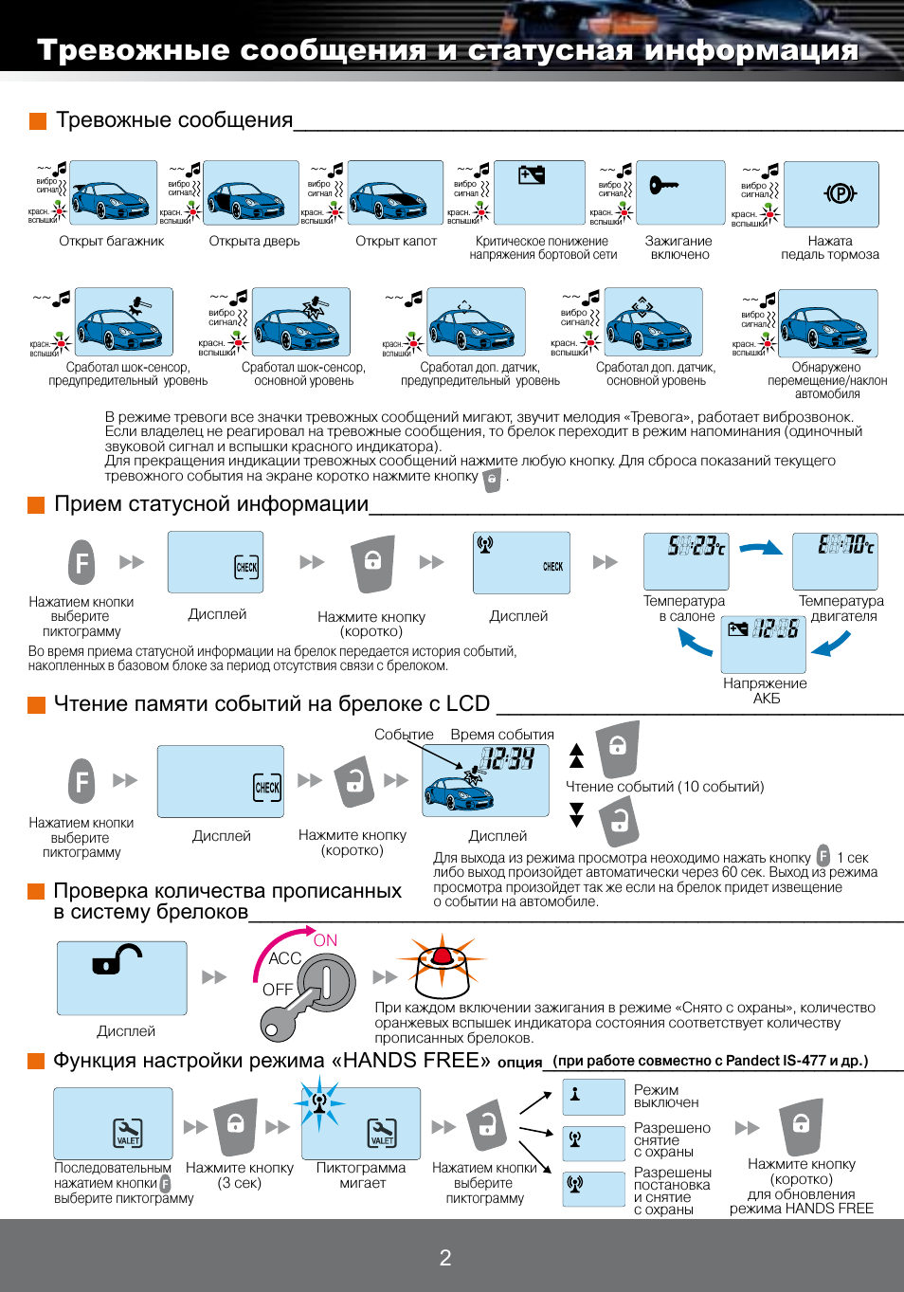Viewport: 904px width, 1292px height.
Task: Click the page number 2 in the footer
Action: pyautogui.click(x=445, y=1258)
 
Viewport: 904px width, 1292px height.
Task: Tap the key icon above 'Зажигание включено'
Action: pyautogui.click(x=663, y=185)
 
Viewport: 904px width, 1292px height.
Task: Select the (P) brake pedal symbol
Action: pyautogui.click(x=840, y=194)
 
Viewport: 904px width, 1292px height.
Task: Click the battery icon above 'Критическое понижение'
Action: pyautogui.click(x=532, y=174)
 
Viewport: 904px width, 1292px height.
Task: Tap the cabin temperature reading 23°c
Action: pyautogui.click(x=696, y=546)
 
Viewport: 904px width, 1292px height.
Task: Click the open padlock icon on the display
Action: pyautogui.click(x=117, y=961)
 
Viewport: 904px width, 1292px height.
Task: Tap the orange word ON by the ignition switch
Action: pyautogui.click(x=325, y=940)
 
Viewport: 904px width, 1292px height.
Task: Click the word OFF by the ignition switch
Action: pyautogui.click(x=278, y=990)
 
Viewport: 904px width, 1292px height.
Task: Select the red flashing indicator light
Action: pyautogui.click(x=442, y=955)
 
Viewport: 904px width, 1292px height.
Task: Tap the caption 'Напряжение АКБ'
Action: pyautogui.click(x=765, y=690)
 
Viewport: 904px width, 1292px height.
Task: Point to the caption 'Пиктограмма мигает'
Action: pyautogui.click(x=361, y=1175)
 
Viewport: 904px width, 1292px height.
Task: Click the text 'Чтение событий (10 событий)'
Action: pyautogui.click(x=664, y=787)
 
